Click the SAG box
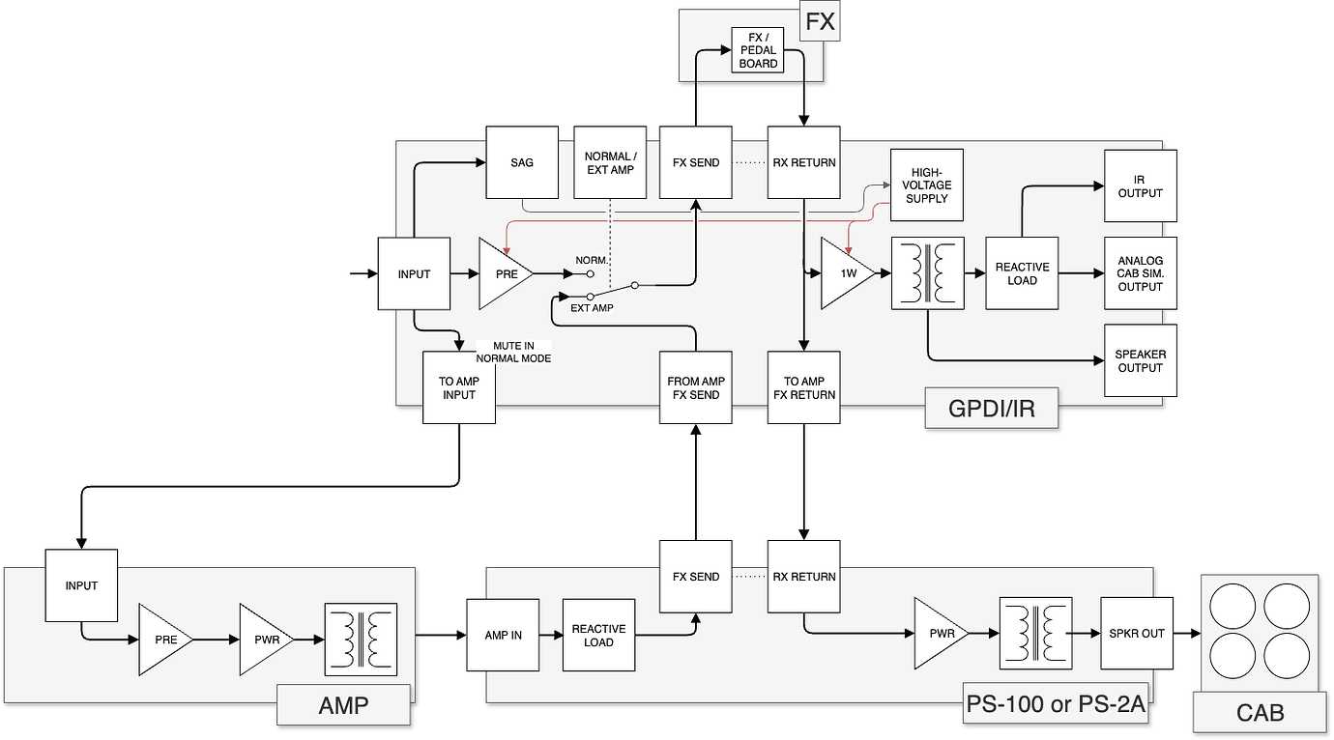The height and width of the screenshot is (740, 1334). [522, 162]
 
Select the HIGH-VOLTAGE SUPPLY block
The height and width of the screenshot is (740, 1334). [927, 185]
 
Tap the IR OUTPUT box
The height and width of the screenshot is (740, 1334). [1141, 185]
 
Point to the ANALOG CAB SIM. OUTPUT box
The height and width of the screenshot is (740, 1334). [1141, 273]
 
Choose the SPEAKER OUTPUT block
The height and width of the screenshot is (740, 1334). [1141, 360]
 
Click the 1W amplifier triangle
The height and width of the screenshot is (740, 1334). [845, 273]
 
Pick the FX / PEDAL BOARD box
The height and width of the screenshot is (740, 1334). [757, 50]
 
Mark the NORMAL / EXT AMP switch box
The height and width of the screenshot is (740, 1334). [610, 162]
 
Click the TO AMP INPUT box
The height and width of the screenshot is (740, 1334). [459, 387]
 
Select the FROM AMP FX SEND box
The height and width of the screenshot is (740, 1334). [696, 387]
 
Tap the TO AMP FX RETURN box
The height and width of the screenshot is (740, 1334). [804, 387]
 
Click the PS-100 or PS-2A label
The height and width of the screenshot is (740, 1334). [1056, 704]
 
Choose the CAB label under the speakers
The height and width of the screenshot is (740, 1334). [1260, 713]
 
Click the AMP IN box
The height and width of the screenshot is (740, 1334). [503, 635]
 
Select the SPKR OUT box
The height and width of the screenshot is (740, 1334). [1137, 634]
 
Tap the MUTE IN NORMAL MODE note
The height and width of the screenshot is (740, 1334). [512, 352]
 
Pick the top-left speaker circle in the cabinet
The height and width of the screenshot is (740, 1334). [1232, 606]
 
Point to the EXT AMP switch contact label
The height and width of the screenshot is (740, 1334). [592, 307]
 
